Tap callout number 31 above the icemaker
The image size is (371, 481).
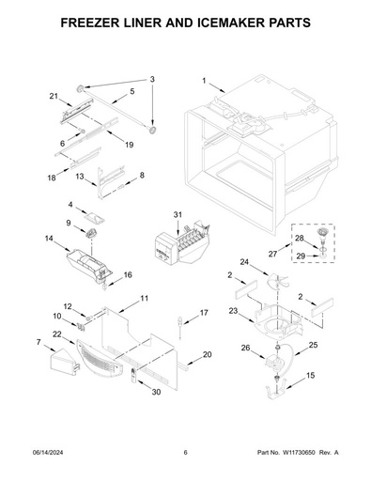pos(178,215)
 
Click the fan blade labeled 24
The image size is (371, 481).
pos(277,281)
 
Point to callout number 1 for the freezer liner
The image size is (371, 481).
pos(204,81)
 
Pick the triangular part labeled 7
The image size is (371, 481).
pos(64,363)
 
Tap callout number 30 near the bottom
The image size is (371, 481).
pos(156,392)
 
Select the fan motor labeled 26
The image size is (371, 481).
pos(275,362)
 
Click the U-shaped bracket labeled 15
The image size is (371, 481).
pos(276,389)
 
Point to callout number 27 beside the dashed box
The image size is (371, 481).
pos(272,254)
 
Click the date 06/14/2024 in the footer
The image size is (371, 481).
pos(48,453)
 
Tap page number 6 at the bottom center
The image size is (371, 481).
pos(186,453)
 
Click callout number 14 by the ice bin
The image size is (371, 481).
pos(49,239)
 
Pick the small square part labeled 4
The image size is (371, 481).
pos(96,216)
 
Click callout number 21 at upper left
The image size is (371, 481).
pos(54,96)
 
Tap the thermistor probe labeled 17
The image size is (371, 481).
pos(180,325)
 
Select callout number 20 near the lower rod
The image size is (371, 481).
pos(208,354)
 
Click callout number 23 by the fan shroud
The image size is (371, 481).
pos(233,311)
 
